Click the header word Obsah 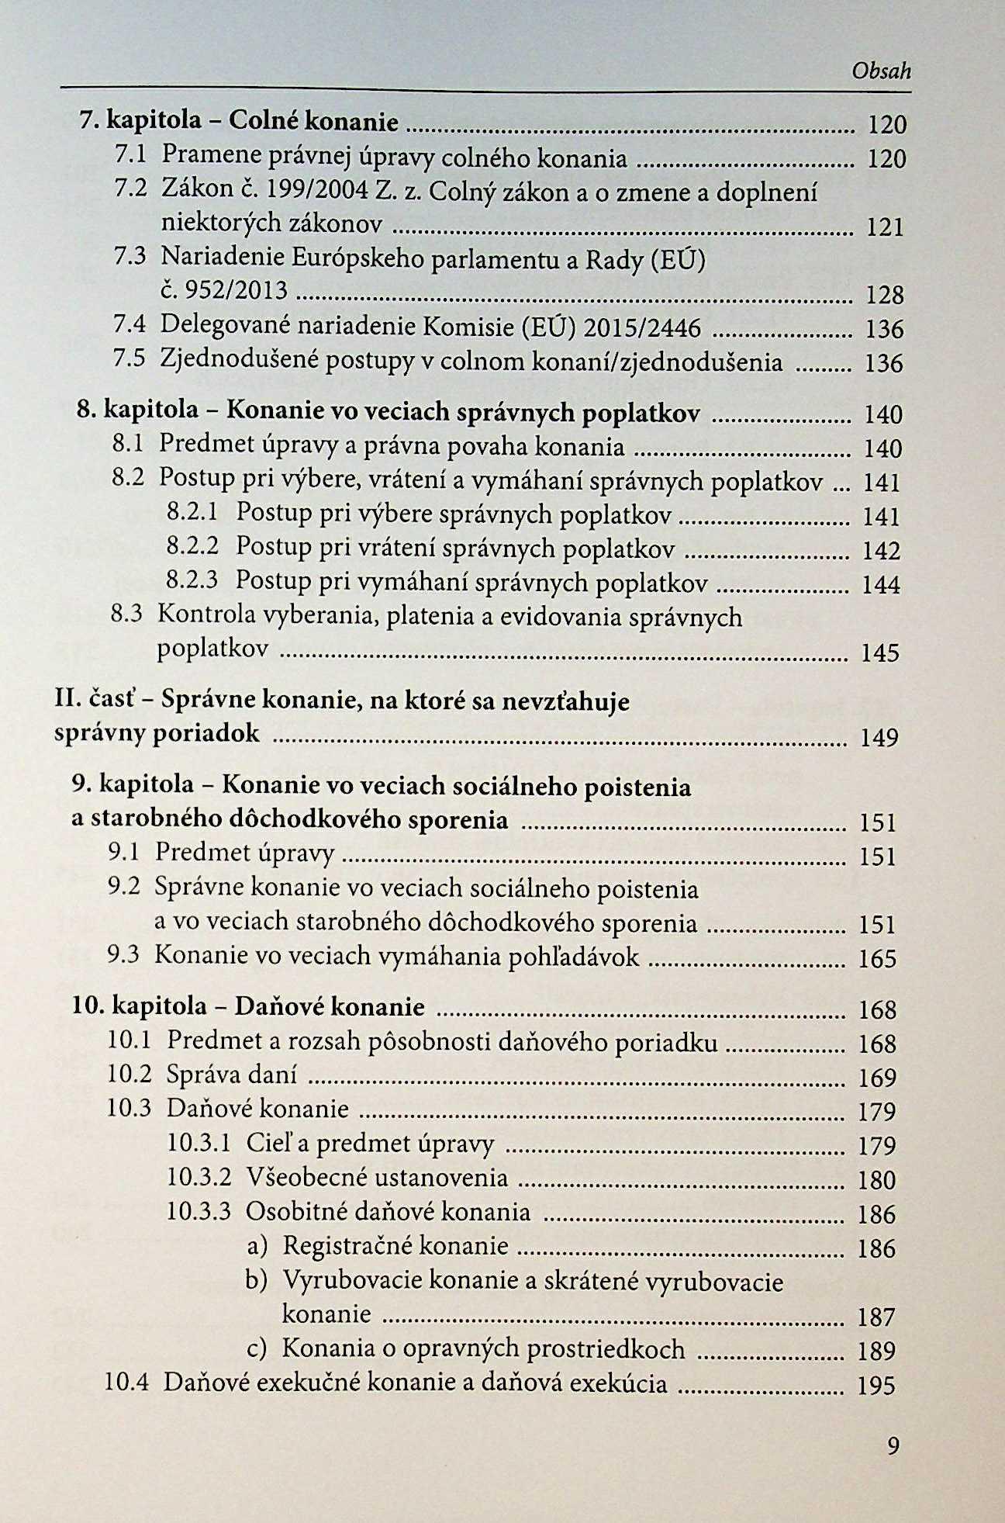click(x=881, y=71)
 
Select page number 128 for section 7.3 click(x=885, y=295)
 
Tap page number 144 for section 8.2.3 click(x=881, y=584)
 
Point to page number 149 click(x=879, y=736)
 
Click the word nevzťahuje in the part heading click(x=566, y=702)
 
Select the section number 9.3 click(x=123, y=954)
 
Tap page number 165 click(x=878, y=959)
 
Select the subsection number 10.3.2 click(x=199, y=1178)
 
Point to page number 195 click(x=876, y=1386)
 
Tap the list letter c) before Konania click(x=257, y=1349)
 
